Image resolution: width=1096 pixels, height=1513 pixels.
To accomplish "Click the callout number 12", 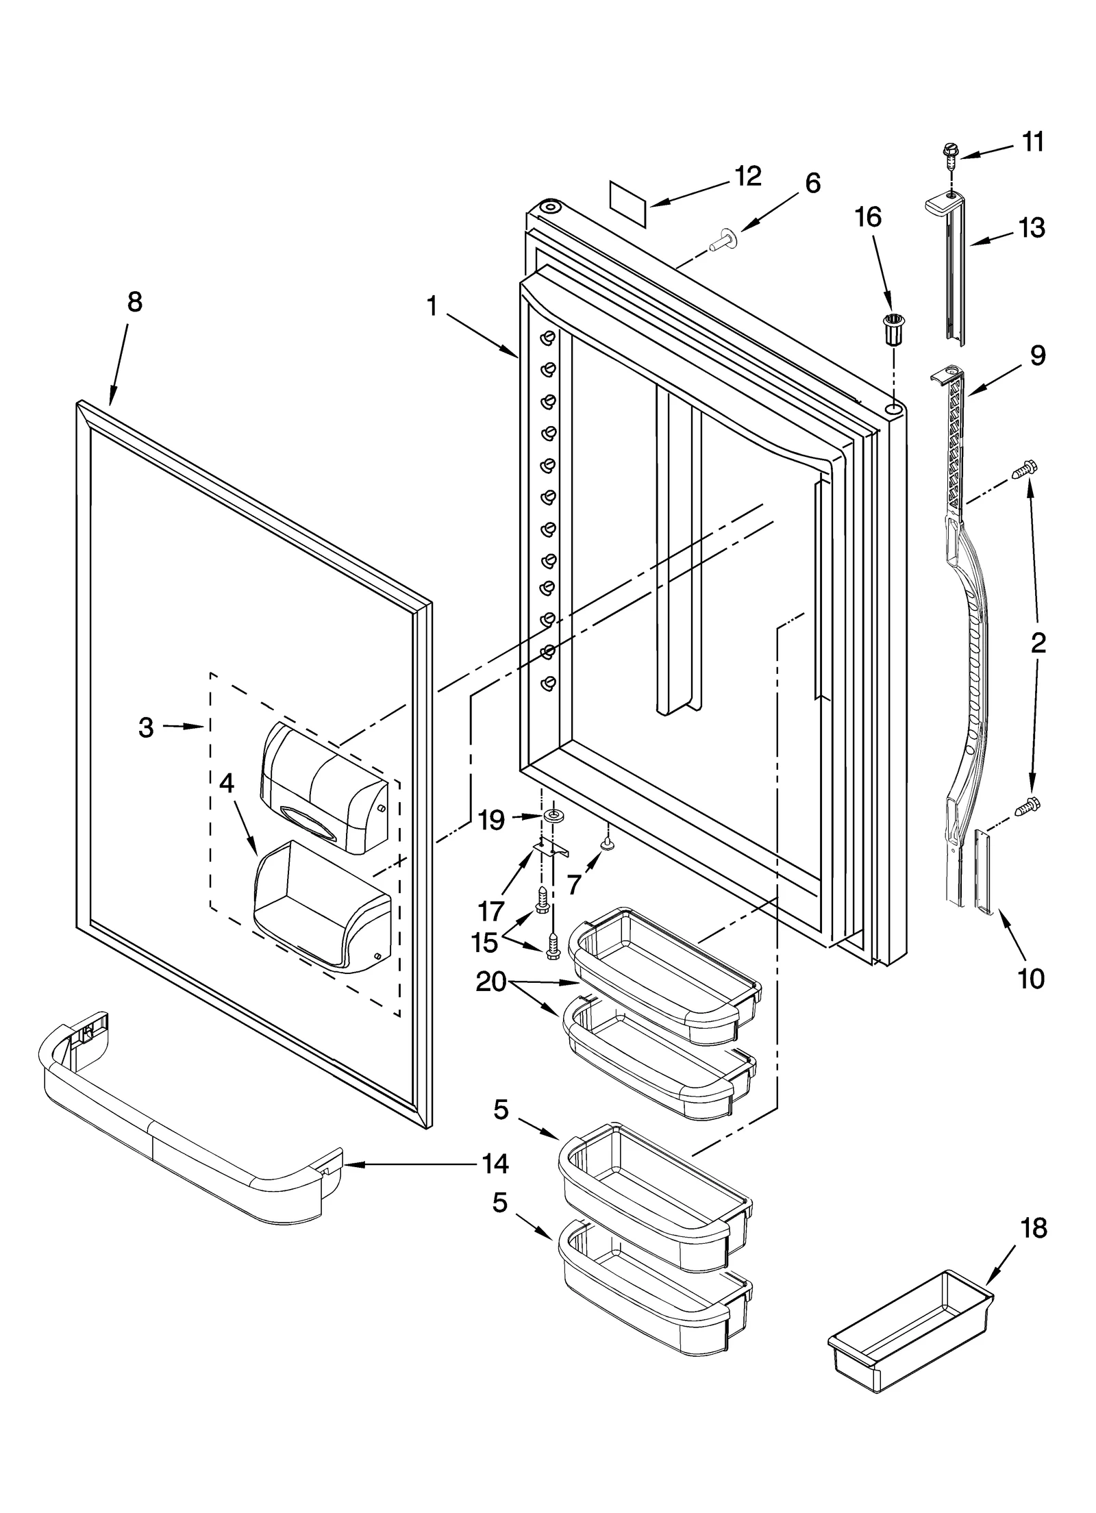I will point(747,176).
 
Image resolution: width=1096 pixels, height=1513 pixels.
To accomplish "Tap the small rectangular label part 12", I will point(627,203).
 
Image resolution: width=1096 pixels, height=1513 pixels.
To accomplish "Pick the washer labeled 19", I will point(551,815).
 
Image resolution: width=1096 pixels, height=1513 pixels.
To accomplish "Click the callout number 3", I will point(145,727).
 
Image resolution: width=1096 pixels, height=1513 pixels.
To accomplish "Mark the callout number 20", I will point(490,982).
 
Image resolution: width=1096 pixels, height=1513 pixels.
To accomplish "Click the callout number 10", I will point(1031,978).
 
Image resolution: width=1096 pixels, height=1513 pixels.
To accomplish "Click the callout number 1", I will point(432,306).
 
